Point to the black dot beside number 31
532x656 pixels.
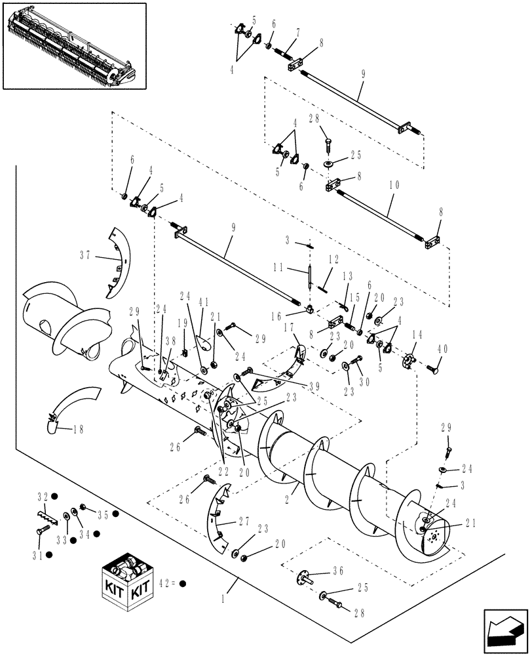[49, 554]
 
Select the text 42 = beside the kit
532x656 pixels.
[167, 581]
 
